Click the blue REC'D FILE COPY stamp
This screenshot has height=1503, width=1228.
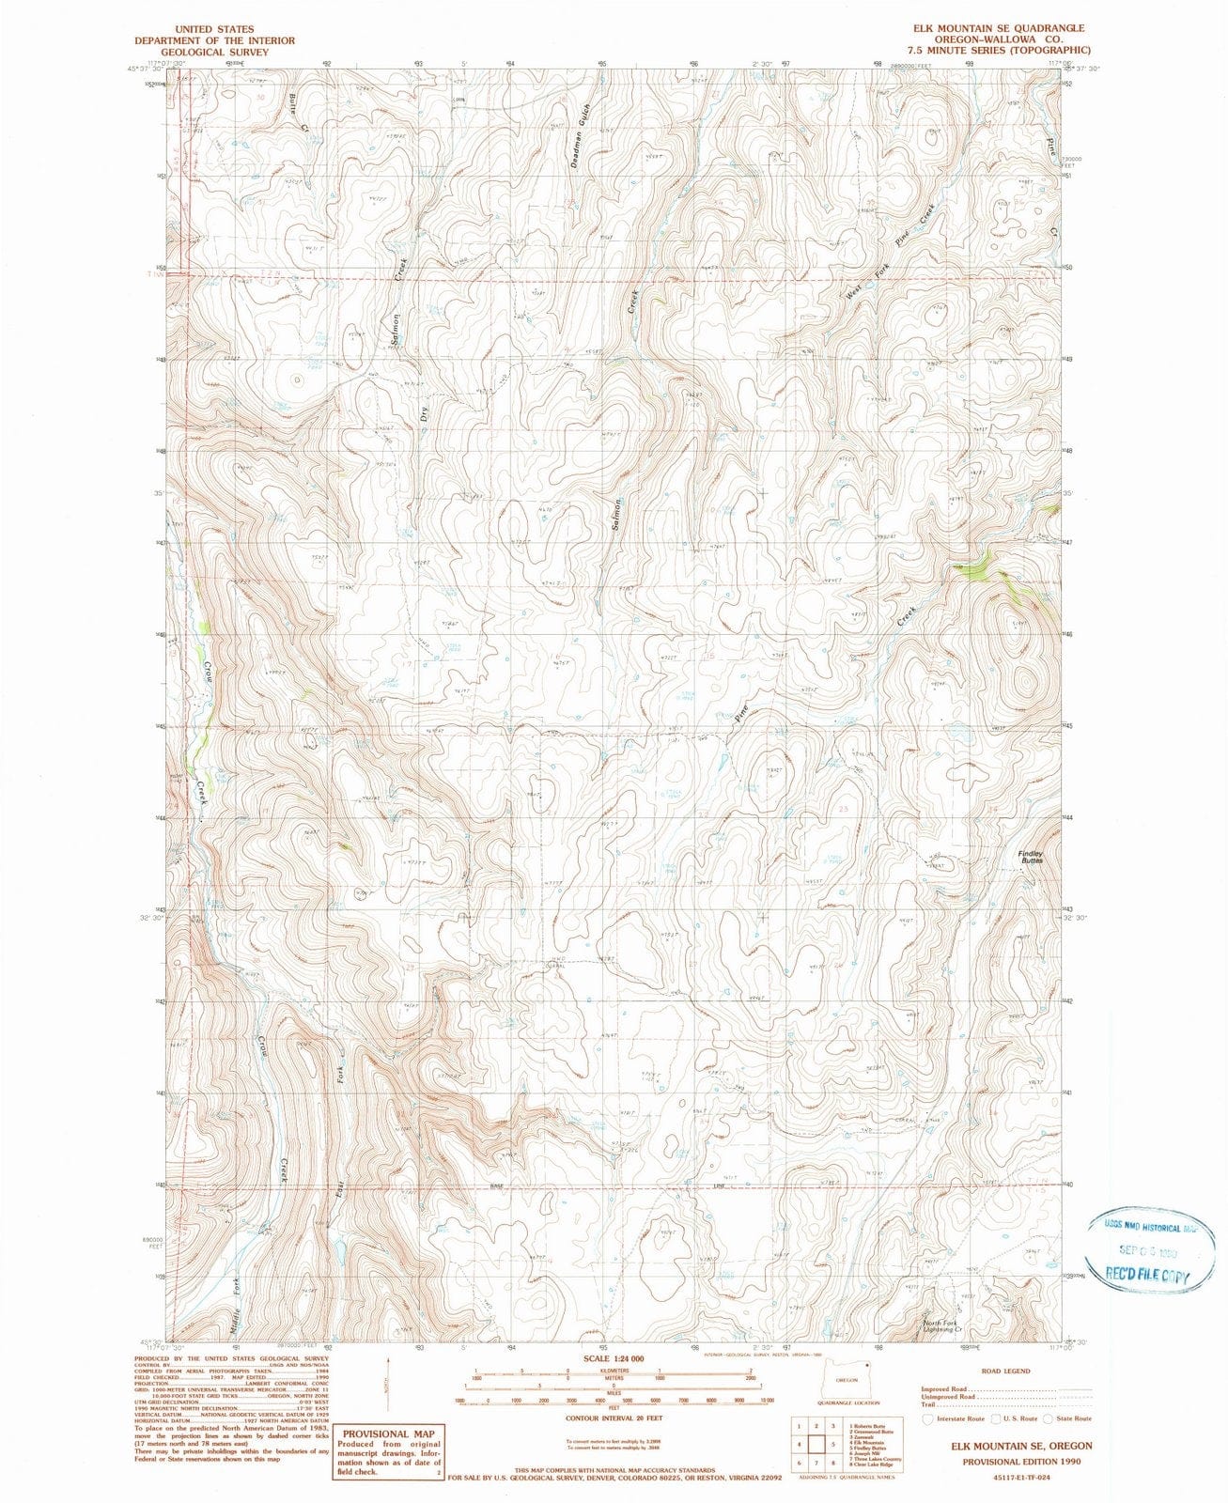coord(1147,1276)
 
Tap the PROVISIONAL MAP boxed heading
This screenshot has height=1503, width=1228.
coord(388,1433)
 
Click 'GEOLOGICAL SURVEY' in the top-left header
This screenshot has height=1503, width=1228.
coord(214,52)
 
